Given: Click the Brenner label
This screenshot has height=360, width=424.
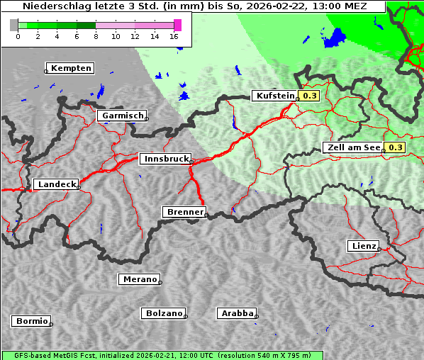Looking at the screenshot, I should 185,212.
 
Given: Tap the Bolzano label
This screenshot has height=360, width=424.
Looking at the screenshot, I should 164,313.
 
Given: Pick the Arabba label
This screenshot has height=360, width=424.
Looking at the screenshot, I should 237,313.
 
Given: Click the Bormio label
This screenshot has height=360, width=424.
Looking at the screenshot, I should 32,321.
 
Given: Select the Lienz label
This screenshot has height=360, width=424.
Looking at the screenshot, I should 363,246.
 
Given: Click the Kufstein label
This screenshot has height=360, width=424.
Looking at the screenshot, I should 274,96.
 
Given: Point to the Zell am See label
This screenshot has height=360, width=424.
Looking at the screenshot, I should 352,147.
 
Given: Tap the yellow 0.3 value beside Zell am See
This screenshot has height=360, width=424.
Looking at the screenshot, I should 395,147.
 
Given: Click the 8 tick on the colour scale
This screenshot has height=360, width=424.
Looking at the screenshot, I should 96,37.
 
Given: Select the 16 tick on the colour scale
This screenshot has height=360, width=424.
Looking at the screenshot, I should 174,37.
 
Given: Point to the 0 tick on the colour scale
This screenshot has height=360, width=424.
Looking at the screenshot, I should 18,37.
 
